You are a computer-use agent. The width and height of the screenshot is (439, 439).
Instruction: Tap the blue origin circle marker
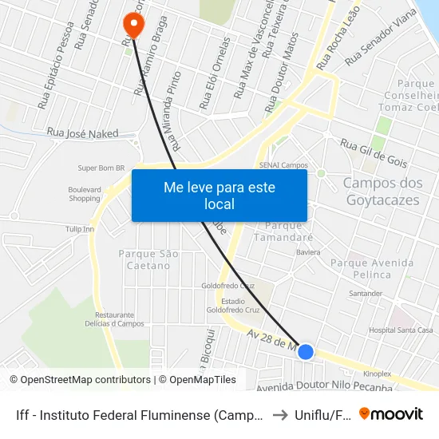tap(305, 350)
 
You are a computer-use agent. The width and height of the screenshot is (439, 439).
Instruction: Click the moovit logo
tap(391, 414)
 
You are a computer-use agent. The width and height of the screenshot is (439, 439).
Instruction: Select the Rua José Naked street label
tap(83, 133)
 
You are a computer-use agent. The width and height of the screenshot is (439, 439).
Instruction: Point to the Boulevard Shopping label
tap(85, 194)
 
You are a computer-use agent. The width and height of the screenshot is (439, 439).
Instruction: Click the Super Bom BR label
tap(101, 168)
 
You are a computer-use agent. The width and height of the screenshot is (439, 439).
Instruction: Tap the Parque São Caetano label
tap(148, 259)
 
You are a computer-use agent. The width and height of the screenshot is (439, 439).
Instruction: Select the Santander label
tap(366, 294)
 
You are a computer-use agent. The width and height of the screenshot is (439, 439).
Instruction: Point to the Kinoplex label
tap(378, 373)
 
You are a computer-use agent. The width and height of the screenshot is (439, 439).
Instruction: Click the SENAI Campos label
tap(283, 165)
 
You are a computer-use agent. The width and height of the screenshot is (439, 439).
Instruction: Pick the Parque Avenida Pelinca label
tap(372, 268)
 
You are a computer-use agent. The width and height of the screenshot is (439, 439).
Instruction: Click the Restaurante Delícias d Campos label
tap(114, 319)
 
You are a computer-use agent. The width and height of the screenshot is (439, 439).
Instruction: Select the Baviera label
tap(308, 252)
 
